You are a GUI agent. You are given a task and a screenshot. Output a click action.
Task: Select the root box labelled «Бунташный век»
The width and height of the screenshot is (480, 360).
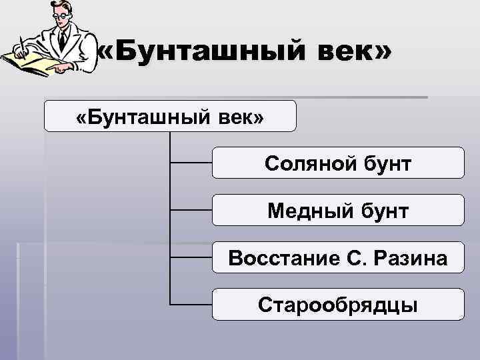point(170,116)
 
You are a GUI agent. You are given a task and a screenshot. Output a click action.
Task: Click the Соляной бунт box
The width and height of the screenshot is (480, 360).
point(338,163)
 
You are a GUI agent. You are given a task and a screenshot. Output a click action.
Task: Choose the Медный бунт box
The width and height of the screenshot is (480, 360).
point(338,210)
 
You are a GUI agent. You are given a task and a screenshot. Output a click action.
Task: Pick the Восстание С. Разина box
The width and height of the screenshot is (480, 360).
point(338,257)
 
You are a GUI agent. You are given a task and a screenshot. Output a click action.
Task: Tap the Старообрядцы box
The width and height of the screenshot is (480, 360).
point(338,304)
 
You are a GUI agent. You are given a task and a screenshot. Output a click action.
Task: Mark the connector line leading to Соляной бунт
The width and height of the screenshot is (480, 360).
point(191,162)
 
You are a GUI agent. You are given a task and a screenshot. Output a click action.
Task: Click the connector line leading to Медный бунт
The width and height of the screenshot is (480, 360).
point(191,209)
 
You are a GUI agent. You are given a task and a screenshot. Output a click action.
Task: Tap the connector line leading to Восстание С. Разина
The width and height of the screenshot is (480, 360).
point(191,257)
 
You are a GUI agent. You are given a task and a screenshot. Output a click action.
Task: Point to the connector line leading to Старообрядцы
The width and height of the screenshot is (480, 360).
point(191,304)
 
